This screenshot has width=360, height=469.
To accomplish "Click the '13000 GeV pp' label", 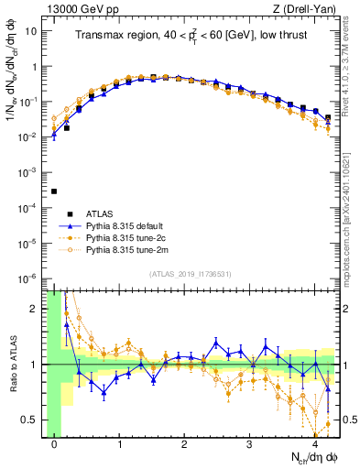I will tap(81, 8).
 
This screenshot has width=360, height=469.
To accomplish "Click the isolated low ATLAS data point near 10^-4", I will tap(54, 191).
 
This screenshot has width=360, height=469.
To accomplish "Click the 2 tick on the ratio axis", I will tap(37, 309).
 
